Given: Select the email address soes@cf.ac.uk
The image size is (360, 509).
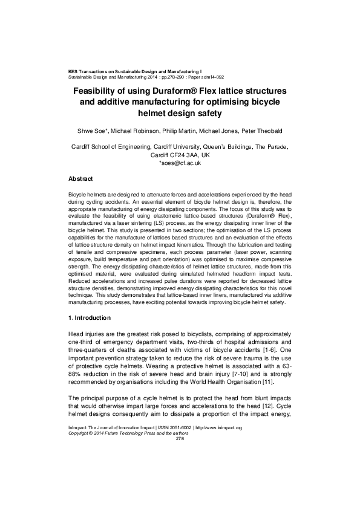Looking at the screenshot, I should (180, 163).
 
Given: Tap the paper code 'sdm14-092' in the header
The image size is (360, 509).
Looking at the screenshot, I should (211, 77).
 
